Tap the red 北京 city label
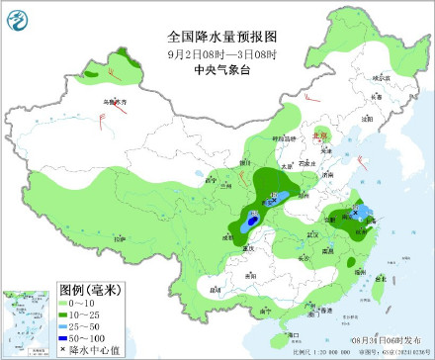(318, 136)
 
